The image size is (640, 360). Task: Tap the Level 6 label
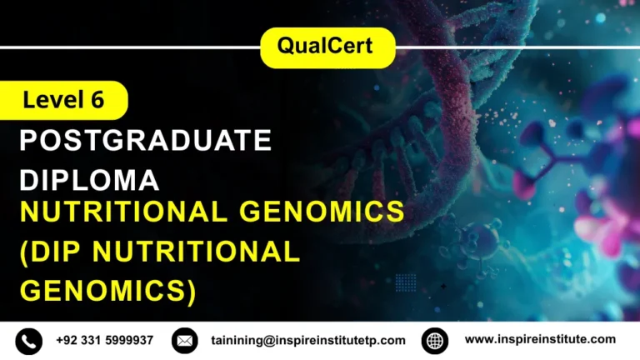tap(63, 100)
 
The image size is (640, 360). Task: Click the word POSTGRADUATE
tap(146, 141)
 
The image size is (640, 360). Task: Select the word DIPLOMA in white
tap(89, 180)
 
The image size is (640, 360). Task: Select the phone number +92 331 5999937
tap(105, 340)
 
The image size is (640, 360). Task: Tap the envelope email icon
tap(184, 340)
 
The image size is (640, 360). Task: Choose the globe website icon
tap(435, 340)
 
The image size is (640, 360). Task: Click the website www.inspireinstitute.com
tap(540, 339)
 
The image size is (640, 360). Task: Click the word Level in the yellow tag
tap(52, 100)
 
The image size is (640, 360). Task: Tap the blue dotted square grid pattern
tap(406, 282)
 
